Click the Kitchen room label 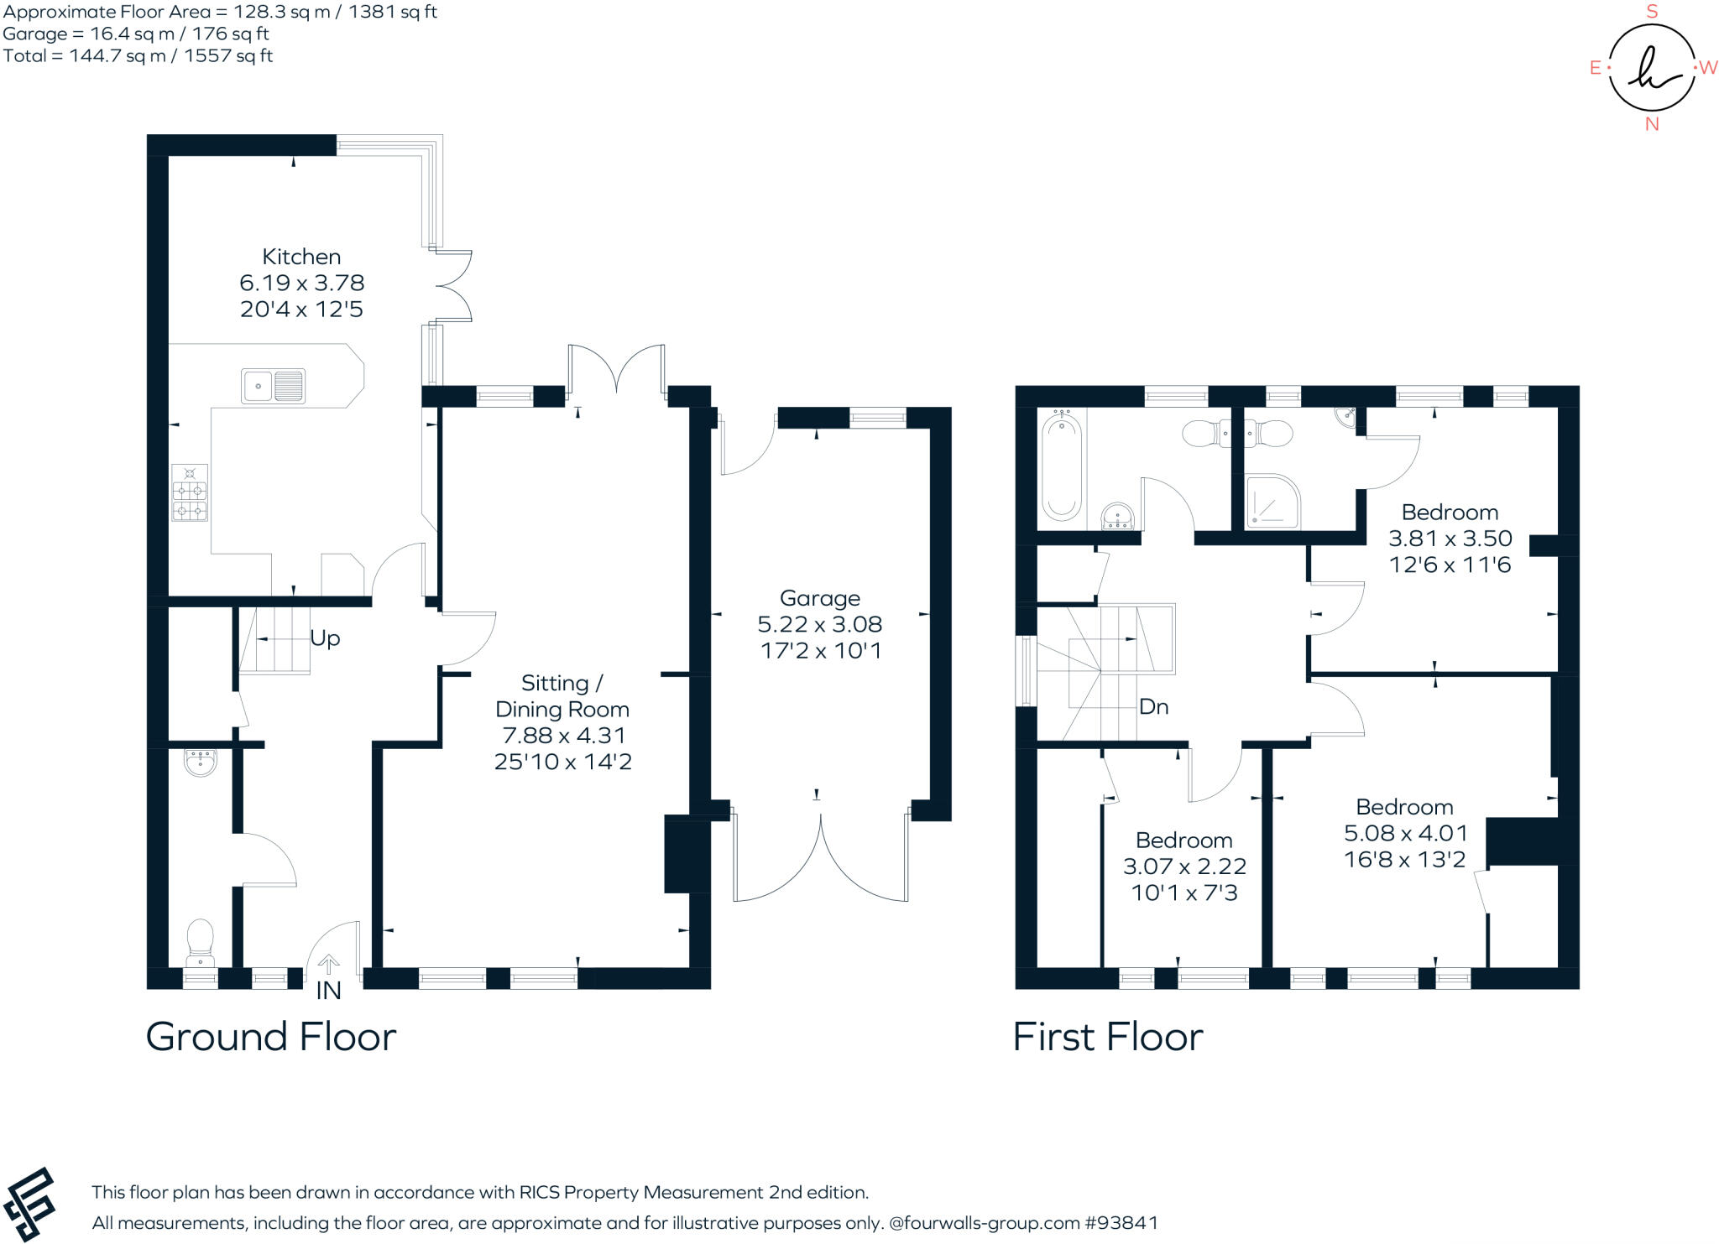pyautogui.click(x=301, y=257)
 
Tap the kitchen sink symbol pyautogui.click(x=273, y=387)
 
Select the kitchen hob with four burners pyautogui.click(x=190, y=493)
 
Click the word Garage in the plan pyautogui.click(x=819, y=598)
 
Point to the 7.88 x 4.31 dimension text pyautogui.click(x=563, y=736)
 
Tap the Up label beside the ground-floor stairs pyautogui.click(x=325, y=638)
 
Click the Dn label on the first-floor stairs pyautogui.click(x=1153, y=707)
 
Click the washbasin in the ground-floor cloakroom pyautogui.click(x=200, y=761)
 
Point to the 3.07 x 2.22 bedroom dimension pyautogui.click(x=1184, y=867)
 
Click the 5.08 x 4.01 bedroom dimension pyautogui.click(x=1405, y=834)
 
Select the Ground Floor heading pyautogui.click(x=270, y=1037)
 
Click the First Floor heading pyautogui.click(x=1107, y=1037)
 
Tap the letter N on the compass pyautogui.click(x=1652, y=124)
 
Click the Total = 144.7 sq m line pyautogui.click(x=138, y=56)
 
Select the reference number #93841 pyautogui.click(x=1121, y=1223)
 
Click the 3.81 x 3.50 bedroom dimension pyautogui.click(x=1450, y=539)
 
